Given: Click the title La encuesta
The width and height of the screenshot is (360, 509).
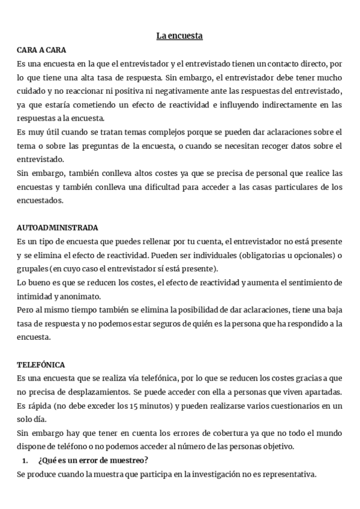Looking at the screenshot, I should tap(179, 37).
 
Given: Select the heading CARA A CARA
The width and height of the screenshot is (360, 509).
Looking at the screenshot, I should tap(42, 49).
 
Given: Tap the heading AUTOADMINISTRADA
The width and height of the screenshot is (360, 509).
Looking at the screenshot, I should tap(58, 228).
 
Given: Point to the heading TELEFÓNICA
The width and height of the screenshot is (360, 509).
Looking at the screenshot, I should tap(42, 365).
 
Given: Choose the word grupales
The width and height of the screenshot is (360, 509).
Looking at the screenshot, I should tap(34, 268).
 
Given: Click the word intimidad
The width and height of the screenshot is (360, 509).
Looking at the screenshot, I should tap(35, 295).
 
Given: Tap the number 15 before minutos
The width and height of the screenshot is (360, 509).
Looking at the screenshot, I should tap(134, 406).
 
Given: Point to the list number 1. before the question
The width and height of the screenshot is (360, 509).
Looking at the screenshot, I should tap(25, 460).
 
